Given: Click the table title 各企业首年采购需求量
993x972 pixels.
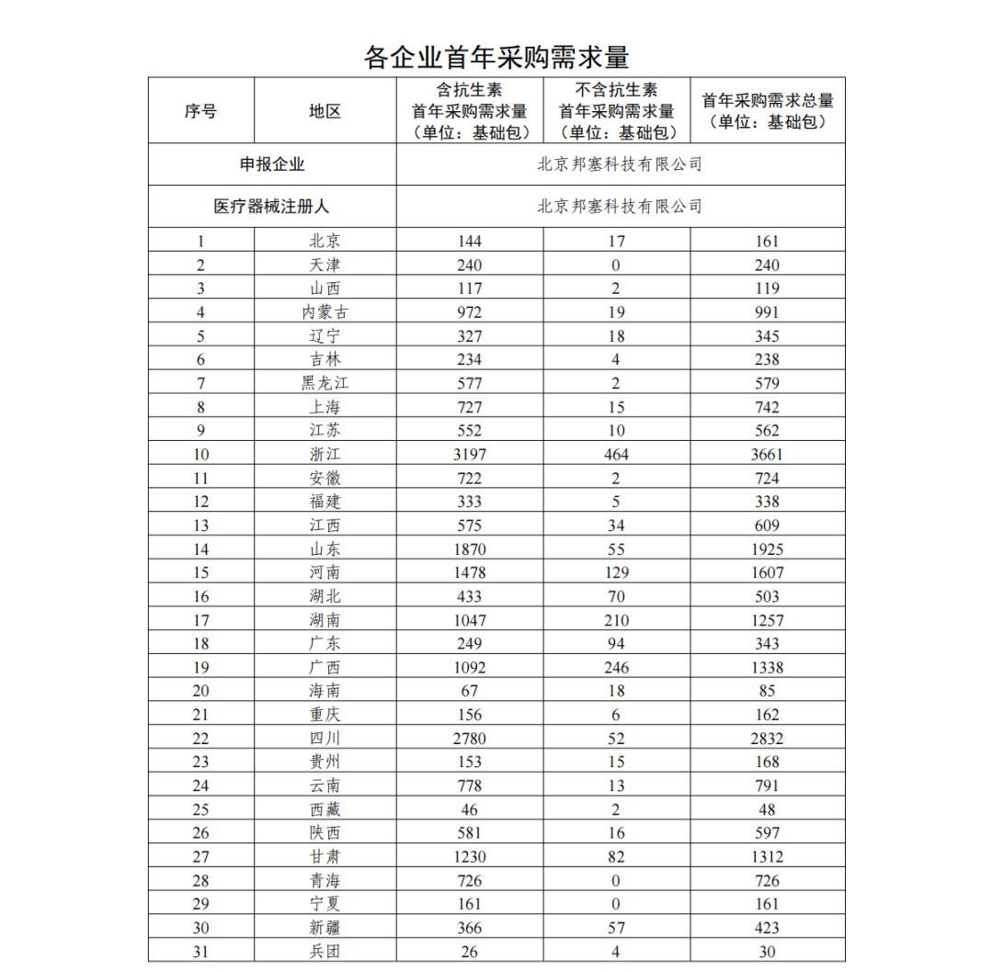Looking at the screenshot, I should click(x=496, y=57).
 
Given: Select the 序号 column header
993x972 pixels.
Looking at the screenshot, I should click(x=200, y=110).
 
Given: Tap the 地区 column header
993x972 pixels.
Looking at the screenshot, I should click(x=325, y=110).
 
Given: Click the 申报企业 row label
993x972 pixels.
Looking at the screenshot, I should click(x=272, y=164).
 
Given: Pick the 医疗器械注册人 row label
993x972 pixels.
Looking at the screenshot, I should click(x=272, y=206).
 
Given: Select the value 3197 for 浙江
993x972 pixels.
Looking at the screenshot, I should click(x=469, y=455).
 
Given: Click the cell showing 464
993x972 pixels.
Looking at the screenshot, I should click(x=616, y=455).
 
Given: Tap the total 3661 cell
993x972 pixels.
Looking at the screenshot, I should click(x=767, y=455).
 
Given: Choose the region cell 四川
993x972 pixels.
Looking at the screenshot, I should click(x=325, y=739).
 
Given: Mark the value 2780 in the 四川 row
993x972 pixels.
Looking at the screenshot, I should click(x=469, y=739).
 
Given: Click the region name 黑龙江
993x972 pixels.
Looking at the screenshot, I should click(x=325, y=383).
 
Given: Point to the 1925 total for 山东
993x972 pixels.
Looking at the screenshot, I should click(x=767, y=549).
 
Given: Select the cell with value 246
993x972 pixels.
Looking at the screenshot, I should click(x=616, y=668).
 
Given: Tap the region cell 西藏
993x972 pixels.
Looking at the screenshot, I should click(x=325, y=809).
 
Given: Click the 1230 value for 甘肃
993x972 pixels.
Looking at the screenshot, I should click(x=469, y=857).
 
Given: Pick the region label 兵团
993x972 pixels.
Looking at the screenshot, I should click(x=325, y=952).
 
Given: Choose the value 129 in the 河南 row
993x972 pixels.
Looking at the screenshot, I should click(x=616, y=572).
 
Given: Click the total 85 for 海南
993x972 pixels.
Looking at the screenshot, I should click(x=767, y=691).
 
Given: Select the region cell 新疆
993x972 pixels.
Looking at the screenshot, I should click(x=325, y=928).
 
